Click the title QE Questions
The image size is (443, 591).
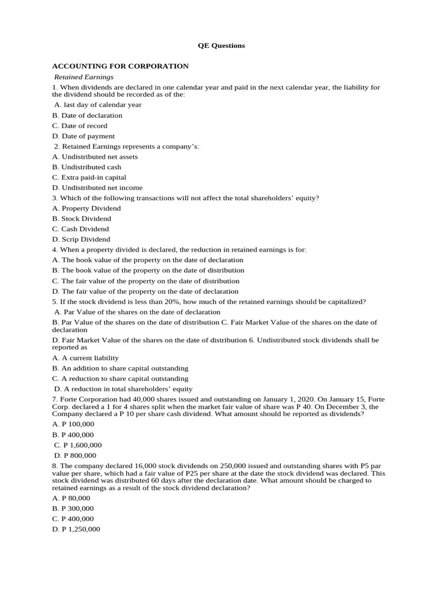[221, 46]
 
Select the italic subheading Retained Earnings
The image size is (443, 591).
[84, 77]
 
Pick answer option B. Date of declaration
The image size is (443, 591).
[87, 115]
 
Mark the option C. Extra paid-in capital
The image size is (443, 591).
[89, 177]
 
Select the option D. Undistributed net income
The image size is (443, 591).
[97, 188]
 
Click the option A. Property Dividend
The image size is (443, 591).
[87, 208]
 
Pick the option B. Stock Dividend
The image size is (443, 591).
[81, 219]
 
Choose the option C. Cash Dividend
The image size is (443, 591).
[81, 229]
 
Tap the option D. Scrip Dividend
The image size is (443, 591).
[81, 240]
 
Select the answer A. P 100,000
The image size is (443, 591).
[73, 425]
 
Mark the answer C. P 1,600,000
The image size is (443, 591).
[78, 446]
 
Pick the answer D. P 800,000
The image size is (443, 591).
[75, 456]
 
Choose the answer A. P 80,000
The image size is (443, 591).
[71, 498]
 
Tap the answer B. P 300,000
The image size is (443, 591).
[73, 508]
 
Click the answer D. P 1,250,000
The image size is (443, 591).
[76, 529]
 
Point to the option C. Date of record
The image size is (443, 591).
[80, 126]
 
